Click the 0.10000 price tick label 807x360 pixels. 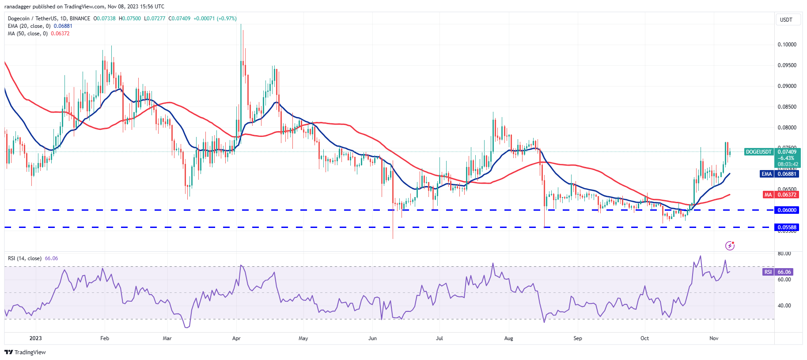(787, 45)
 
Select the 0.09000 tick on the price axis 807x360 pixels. (787, 86)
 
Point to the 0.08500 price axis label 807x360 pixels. (787, 107)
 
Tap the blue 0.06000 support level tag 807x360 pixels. (787, 210)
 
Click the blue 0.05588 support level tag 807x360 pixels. (787, 227)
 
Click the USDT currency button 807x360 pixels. (786, 20)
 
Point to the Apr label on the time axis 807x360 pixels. (236, 338)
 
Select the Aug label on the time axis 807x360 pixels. (508, 338)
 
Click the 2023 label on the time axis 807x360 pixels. (35, 338)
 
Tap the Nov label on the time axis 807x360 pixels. (714, 338)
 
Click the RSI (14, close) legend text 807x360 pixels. (25, 258)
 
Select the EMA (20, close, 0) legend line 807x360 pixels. (29, 26)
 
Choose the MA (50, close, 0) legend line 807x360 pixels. (27, 34)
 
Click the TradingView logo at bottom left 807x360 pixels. (25, 352)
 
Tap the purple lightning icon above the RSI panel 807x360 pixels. (730, 246)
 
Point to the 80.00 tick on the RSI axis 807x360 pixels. (784, 254)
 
